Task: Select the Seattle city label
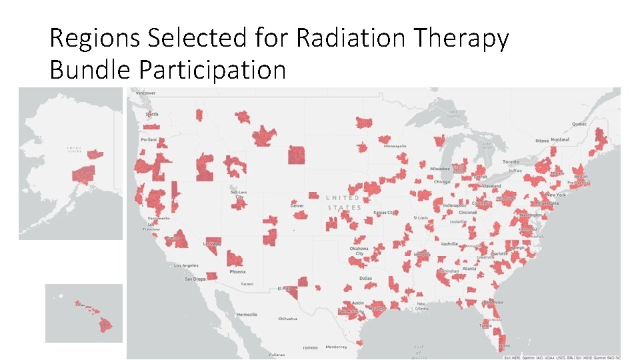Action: [x=152, y=114]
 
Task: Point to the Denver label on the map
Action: [x=297, y=205]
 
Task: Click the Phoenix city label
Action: [x=237, y=271]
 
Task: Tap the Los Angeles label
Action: [x=186, y=265]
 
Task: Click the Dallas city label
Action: [x=365, y=278]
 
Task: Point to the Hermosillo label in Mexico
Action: [x=247, y=314]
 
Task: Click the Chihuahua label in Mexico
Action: [x=288, y=319]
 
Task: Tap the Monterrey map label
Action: [x=336, y=347]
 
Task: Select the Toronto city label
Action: [x=511, y=162]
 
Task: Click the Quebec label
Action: [x=579, y=124]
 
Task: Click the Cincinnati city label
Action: [x=467, y=213]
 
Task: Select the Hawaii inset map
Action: [x=84, y=313]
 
